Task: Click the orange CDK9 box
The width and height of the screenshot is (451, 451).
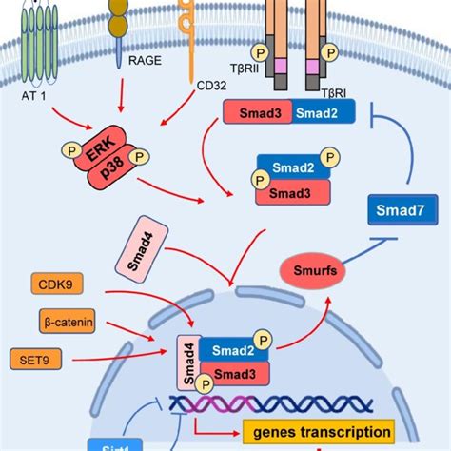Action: (x=59, y=284)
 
